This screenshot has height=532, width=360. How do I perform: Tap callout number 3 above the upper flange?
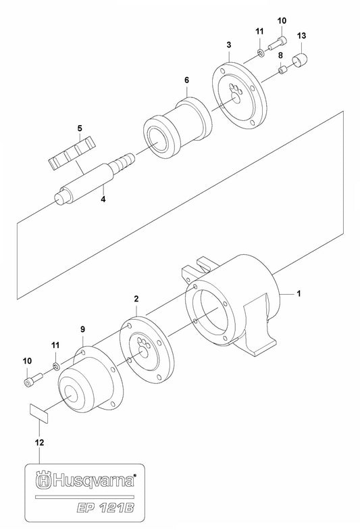229,45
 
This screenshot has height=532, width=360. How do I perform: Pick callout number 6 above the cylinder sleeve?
167,80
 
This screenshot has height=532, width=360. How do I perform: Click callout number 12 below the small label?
39,443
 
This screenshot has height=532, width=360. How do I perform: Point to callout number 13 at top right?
301,34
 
